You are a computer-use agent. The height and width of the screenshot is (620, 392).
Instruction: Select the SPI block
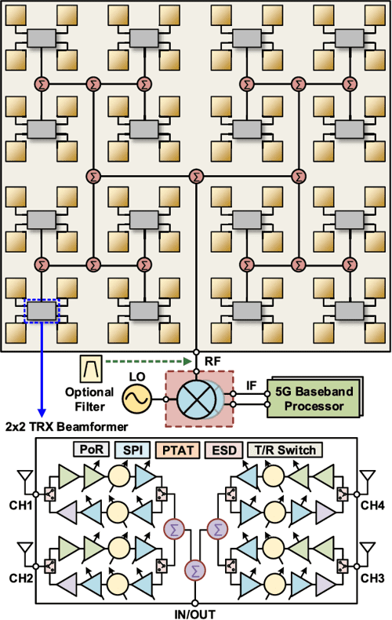pos(132,450)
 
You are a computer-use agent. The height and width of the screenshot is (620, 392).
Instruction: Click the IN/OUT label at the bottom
pos(196,612)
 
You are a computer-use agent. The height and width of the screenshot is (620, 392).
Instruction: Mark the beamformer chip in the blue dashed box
pos(42,311)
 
